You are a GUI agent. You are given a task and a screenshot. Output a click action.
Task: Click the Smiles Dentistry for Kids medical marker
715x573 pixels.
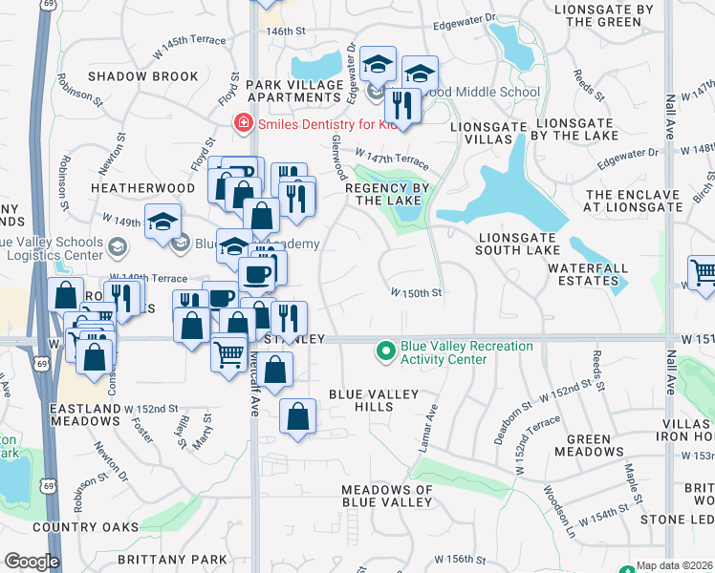[244, 123]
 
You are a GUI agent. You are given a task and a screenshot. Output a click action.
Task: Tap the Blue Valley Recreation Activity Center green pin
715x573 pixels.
[386, 352]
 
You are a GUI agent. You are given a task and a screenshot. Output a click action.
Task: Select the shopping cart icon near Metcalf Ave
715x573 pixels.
[229, 355]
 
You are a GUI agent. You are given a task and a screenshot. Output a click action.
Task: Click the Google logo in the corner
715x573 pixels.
[32, 562]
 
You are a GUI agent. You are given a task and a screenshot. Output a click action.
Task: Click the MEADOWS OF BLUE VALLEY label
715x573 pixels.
[387, 497]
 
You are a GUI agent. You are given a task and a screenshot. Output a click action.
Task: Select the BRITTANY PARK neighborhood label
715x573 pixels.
[172, 560]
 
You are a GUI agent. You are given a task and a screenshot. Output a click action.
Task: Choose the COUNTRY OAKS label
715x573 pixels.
[79, 527]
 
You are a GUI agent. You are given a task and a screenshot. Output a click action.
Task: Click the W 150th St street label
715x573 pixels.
[416, 293]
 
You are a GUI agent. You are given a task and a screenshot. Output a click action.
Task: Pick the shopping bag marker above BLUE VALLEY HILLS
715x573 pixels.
[297, 416]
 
